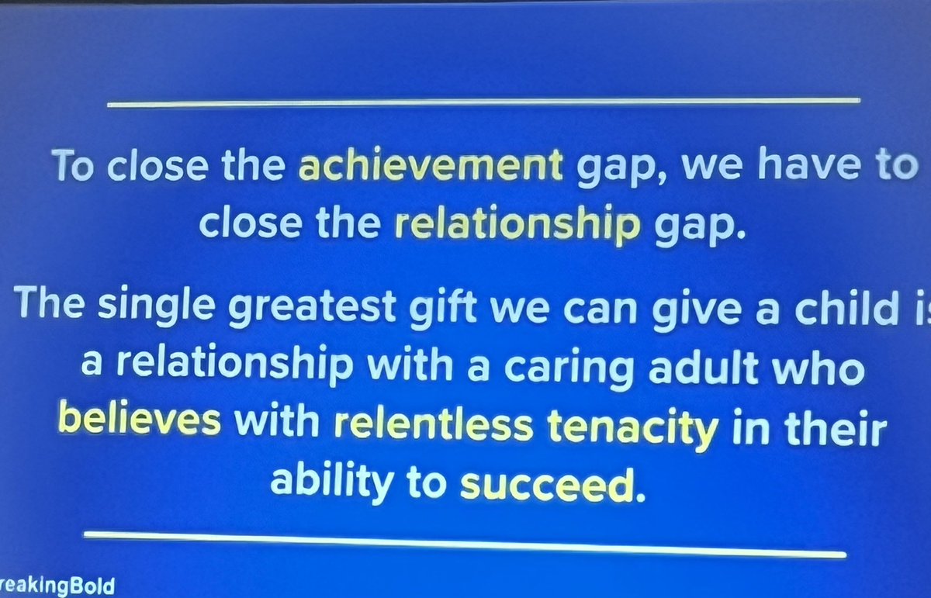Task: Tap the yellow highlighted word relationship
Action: [x=517, y=226]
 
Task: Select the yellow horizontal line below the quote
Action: [x=464, y=544]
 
